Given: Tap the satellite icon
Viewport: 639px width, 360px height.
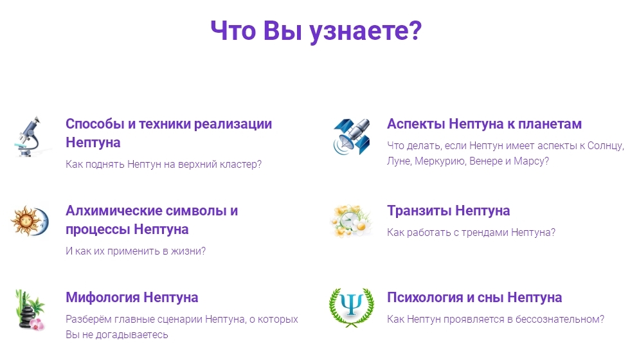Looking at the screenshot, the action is (352, 136).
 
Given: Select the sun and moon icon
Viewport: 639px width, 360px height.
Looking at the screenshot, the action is (30, 221).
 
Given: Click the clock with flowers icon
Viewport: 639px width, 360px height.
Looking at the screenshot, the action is (352, 221).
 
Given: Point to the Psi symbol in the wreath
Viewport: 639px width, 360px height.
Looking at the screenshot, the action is (351, 307).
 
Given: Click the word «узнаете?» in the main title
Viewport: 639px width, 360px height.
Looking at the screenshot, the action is (365, 31).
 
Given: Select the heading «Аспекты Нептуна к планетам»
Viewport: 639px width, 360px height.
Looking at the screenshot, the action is (484, 124).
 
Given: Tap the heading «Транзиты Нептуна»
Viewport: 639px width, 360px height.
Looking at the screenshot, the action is (448, 211).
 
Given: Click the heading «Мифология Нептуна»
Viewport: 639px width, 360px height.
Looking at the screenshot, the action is (132, 298).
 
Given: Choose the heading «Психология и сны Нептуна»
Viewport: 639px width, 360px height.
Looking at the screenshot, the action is (474, 298).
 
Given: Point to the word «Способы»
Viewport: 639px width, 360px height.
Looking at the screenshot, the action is (95, 124).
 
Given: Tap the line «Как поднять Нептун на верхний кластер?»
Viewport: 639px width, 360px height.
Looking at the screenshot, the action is (163, 165).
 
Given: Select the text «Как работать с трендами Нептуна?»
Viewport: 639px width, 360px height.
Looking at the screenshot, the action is (471, 232).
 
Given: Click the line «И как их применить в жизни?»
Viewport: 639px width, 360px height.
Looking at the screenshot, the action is (136, 251).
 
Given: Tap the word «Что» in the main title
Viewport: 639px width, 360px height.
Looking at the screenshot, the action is (233, 31).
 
